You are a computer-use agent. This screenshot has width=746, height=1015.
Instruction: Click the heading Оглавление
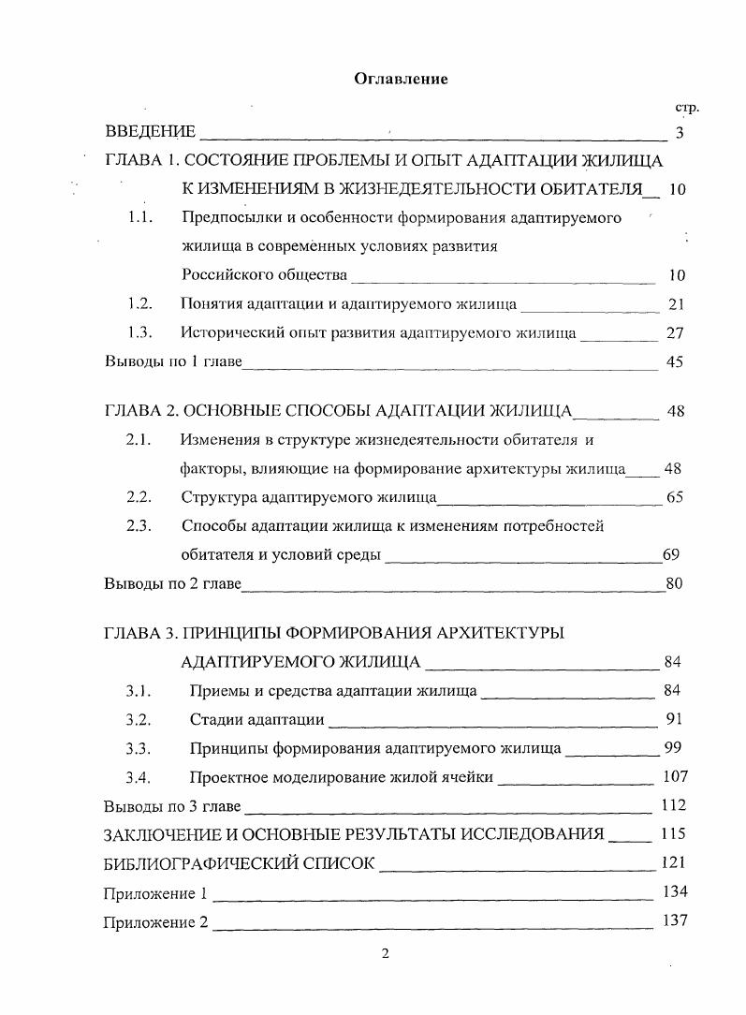pos(401,79)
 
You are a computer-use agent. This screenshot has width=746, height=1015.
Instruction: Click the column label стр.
pos(686,108)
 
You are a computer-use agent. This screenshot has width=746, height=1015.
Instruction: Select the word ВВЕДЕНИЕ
pos(150,132)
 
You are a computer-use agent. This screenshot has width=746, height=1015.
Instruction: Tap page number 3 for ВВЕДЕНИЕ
pos(680,132)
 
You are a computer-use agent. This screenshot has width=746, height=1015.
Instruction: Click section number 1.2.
pos(139,303)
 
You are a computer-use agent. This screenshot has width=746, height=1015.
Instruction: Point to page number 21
pos(677,303)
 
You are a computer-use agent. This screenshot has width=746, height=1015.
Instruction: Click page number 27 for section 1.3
pos(676,332)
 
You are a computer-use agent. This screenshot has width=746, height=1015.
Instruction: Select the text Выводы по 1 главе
pos(172,362)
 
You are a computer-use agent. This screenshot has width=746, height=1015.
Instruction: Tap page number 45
pos(675,362)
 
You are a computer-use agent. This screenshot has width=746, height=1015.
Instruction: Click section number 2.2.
pos(139,497)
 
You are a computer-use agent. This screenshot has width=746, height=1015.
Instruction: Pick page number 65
pos(674,497)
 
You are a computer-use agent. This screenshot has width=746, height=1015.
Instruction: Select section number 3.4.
pos(139,776)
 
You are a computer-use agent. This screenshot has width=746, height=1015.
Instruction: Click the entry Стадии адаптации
pos(256,720)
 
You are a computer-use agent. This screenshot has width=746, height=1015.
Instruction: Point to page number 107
pos(674,776)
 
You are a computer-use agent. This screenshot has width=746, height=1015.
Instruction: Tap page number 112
pos(673,805)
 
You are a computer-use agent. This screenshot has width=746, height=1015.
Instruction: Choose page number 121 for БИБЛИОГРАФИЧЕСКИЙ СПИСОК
pos(673,862)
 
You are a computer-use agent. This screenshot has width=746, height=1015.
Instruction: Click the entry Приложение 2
pos(155,921)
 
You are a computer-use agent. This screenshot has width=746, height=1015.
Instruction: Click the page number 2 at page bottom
pos(385,954)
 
